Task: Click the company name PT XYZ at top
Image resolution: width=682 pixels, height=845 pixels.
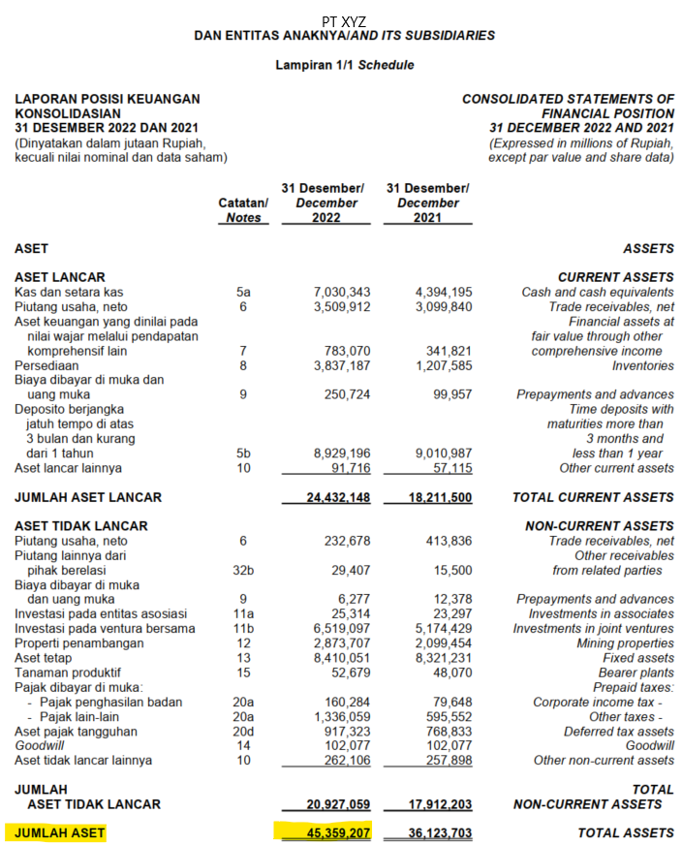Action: coord(344,20)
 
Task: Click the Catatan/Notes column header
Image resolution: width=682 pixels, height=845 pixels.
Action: coord(243,210)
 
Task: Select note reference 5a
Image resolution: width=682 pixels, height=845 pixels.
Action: coord(243,292)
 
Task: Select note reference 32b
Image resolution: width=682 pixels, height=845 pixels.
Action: coord(243,571)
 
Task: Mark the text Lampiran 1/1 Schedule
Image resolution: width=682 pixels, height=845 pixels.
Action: coord(344,65)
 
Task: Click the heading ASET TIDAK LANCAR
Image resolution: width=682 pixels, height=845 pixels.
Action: coord(80,526)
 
